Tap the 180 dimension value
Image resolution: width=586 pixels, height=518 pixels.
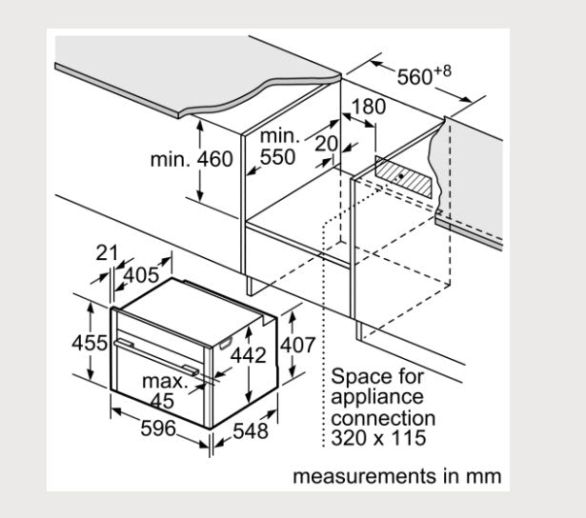(369, 107)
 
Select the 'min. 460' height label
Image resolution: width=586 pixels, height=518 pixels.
(191, 159)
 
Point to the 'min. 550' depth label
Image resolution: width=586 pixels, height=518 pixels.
(277, 148)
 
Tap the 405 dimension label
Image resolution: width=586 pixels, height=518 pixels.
(140, 275)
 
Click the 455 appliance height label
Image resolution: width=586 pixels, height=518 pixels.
(91, 342)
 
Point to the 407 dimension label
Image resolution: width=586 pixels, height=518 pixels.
(296, 345)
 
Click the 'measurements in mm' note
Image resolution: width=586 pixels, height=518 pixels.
(395, 475)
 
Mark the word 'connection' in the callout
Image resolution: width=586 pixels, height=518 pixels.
(384, 418)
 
